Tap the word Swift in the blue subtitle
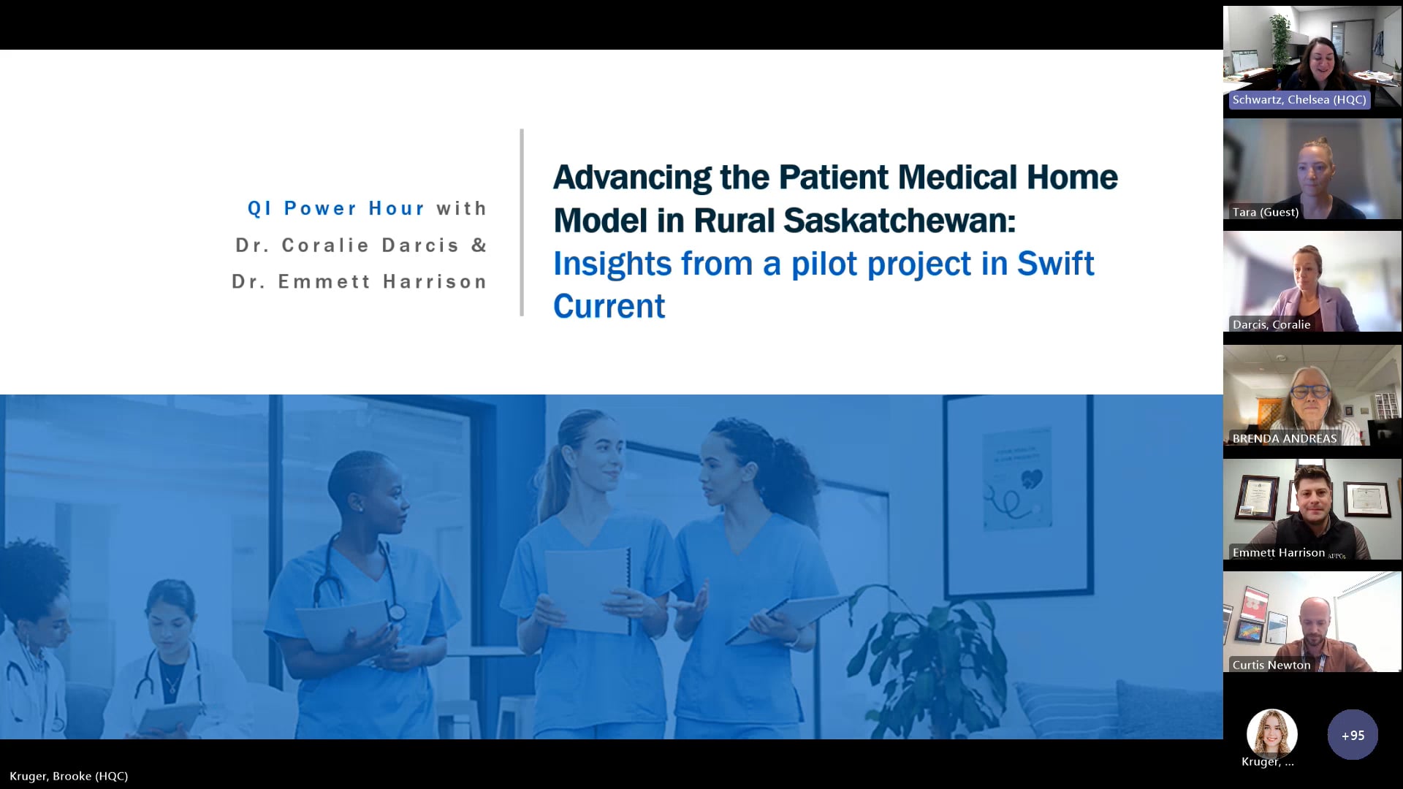point(1055,264)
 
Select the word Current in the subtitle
point(609,306)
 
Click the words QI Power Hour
point(336,208)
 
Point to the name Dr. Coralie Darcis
point(347,245)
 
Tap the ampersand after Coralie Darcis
point(479,245)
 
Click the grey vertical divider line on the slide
point(522,223)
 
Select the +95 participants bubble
point(1352,735)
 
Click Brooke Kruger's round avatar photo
point(1271,733)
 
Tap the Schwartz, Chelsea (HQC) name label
point(1299,100)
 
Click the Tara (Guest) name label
point(1265,213)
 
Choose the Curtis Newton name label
point(1271,665)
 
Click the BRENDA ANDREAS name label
point(1284,438)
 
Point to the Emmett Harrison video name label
point(1278,553)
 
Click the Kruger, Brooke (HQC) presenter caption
point(69,776)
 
